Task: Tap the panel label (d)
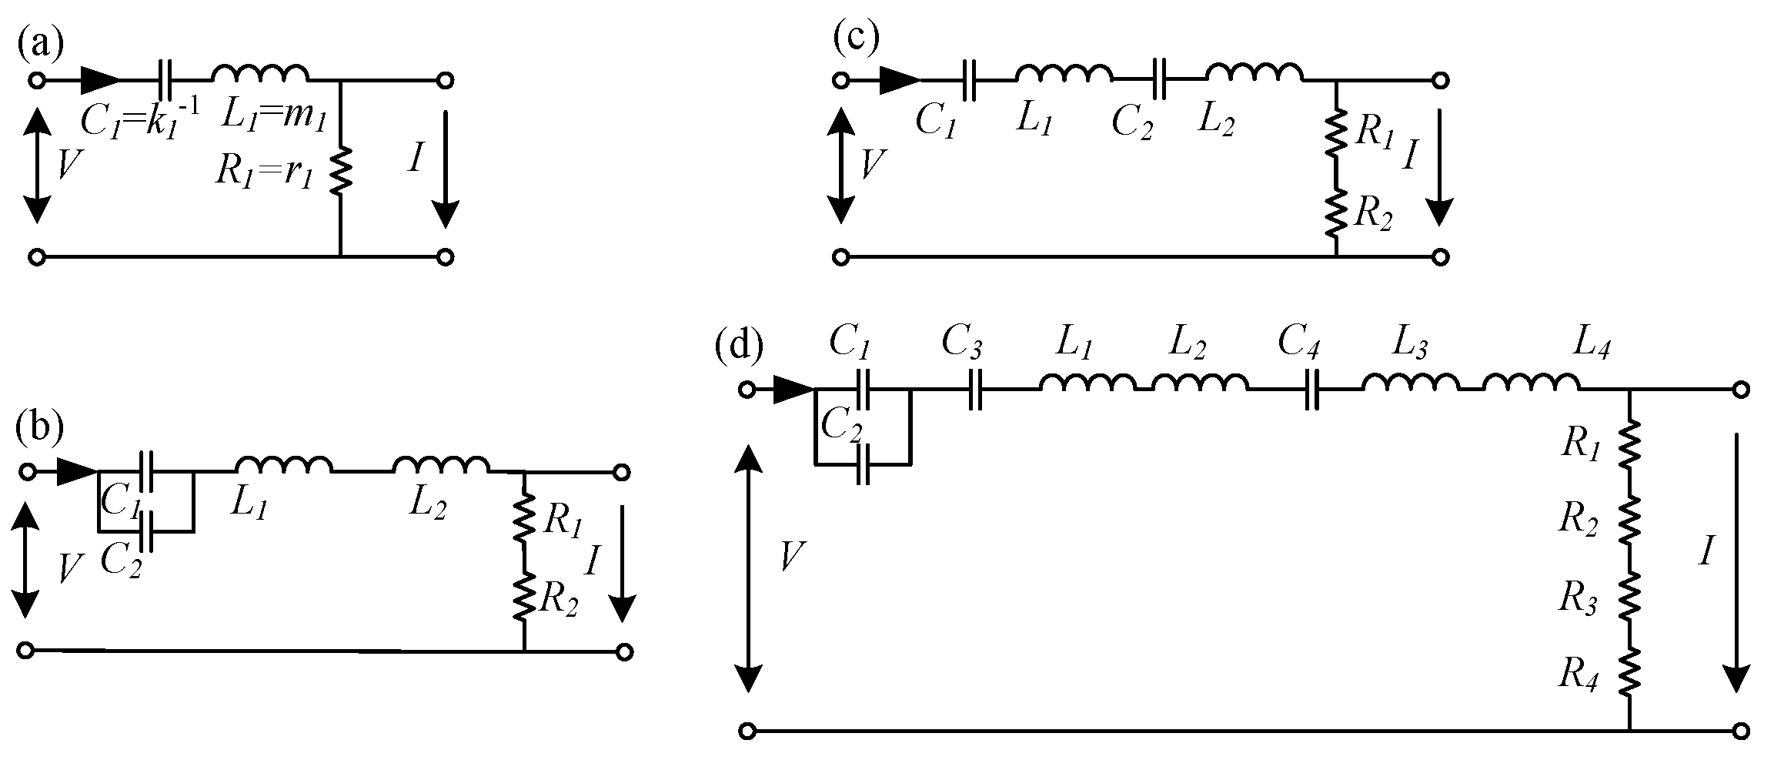740,347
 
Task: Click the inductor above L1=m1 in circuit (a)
260,73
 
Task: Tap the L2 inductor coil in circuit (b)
440,464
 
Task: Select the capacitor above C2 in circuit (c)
1162,79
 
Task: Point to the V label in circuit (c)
872,164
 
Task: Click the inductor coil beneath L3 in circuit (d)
1410,383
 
